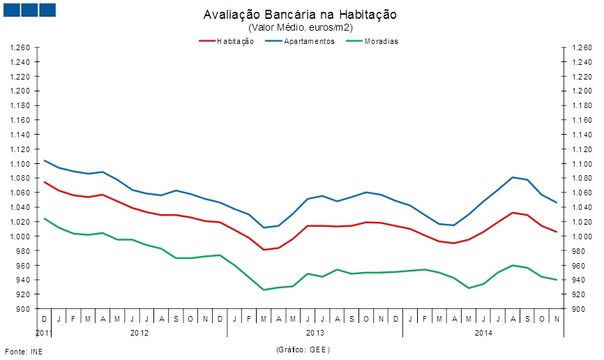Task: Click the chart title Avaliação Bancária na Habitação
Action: tap(301, 15)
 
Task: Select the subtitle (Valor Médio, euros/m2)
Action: tap(301, 27)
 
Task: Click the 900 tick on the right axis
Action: tap(577, 309)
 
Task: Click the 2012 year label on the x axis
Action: tap(139, 333)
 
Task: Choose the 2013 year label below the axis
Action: tap(315, 333)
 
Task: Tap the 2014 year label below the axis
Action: tap(484, 333)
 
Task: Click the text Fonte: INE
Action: tap(24, 351)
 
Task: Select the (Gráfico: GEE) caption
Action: tap(302, 349)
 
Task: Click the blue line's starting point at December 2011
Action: tap(45, 160)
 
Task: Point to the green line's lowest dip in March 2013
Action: tap(264, 290)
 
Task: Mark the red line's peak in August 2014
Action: tap(513, 213)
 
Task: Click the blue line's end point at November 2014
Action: tap(557, 202)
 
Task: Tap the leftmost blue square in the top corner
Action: tap(11, 10)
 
